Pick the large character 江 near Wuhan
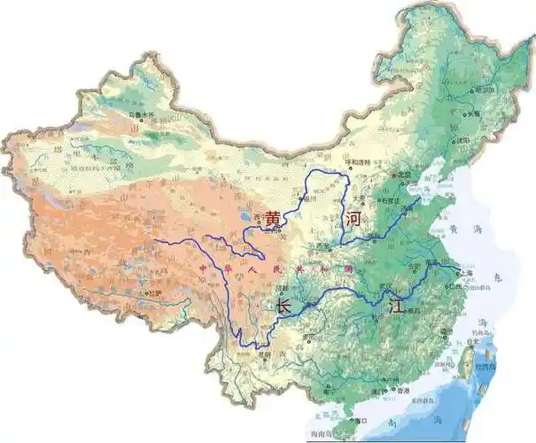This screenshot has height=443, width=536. [x=396, y=306]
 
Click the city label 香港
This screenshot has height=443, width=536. [x=403, y=390]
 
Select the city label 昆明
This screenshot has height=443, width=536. [x=263, y=355]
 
